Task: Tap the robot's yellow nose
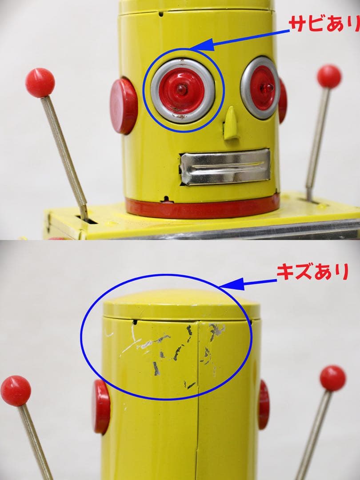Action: [x=231, y=123]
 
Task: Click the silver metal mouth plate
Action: [x=225, y=167]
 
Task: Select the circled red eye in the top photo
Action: [x=182, y=90]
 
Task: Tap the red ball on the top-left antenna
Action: [x=40, y=83]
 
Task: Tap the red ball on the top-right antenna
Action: [x=329, y=76]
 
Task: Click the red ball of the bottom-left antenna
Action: [x=16, y=391]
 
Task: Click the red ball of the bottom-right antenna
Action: [x=332, y=378]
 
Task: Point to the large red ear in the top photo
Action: [x=124, y=106]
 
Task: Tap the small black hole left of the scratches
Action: [x=135, y=321]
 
